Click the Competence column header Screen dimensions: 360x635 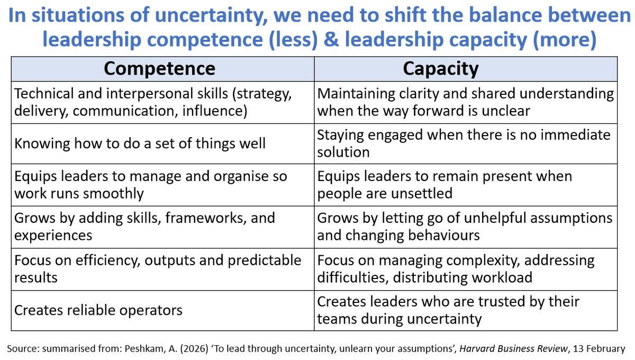pyautogui.click(x=159, y=68)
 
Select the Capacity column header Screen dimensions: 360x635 pyautogui.click(x=440, y=68)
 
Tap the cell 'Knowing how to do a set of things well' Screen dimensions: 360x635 pyautogui.click(x=140, y=143)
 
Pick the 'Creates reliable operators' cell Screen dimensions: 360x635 pyautogui.click(x=98, y=310)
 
